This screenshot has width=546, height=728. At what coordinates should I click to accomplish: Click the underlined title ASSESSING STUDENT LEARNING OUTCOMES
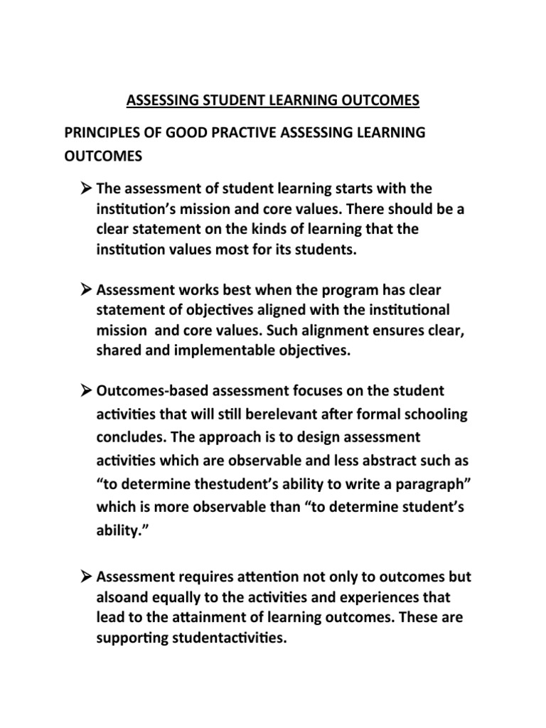(x=273, y=101)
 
